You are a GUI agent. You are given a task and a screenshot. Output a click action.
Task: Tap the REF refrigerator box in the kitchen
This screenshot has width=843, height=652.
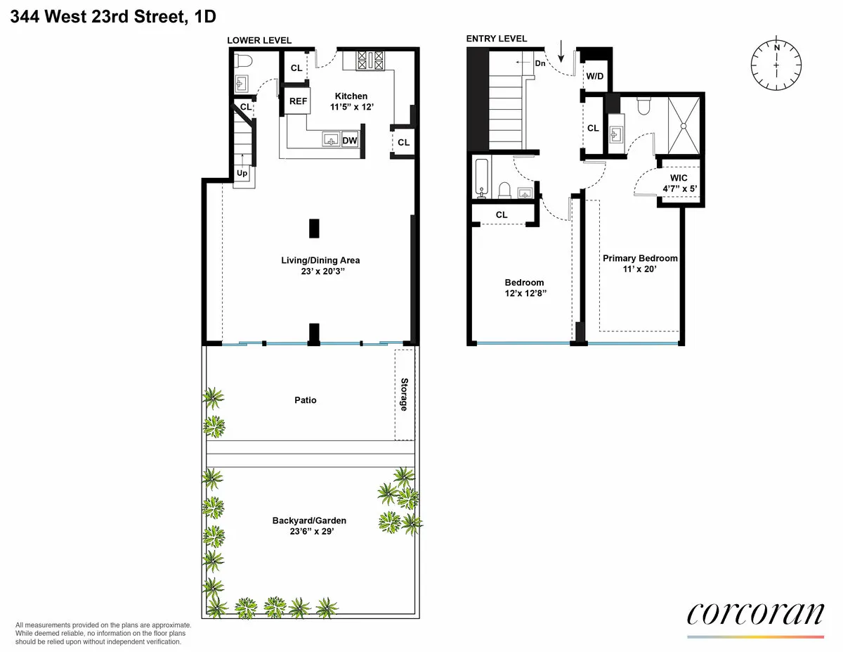tap(299, 101)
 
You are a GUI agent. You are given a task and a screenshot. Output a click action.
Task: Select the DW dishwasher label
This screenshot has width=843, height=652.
tap(350, 141)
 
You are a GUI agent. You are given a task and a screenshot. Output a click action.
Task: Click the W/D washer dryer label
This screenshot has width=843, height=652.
tap(594, 76)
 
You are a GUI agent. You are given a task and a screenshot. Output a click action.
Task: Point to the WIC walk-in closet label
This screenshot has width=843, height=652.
tap(679, 179)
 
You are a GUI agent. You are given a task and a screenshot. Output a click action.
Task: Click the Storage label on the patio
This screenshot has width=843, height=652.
tap(404, 395)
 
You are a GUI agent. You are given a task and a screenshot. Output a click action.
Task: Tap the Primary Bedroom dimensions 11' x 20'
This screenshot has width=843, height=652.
tap(640, 269)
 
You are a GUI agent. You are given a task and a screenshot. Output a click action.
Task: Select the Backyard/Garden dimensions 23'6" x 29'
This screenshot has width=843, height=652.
tap(309, 532)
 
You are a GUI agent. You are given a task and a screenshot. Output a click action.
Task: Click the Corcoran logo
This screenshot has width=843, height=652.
tap(754, 613)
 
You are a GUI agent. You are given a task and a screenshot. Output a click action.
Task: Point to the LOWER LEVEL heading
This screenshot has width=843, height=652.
tap(259, 40)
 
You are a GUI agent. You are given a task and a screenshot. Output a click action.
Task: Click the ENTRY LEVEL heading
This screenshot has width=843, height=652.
tap(497, 39)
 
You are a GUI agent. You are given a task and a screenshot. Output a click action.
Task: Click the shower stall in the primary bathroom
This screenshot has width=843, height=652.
tap(684, 125)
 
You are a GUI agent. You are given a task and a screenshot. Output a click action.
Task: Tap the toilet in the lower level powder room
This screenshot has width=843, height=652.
tap(242, 62)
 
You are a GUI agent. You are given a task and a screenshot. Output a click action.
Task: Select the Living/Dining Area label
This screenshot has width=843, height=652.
tap(320, 260)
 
